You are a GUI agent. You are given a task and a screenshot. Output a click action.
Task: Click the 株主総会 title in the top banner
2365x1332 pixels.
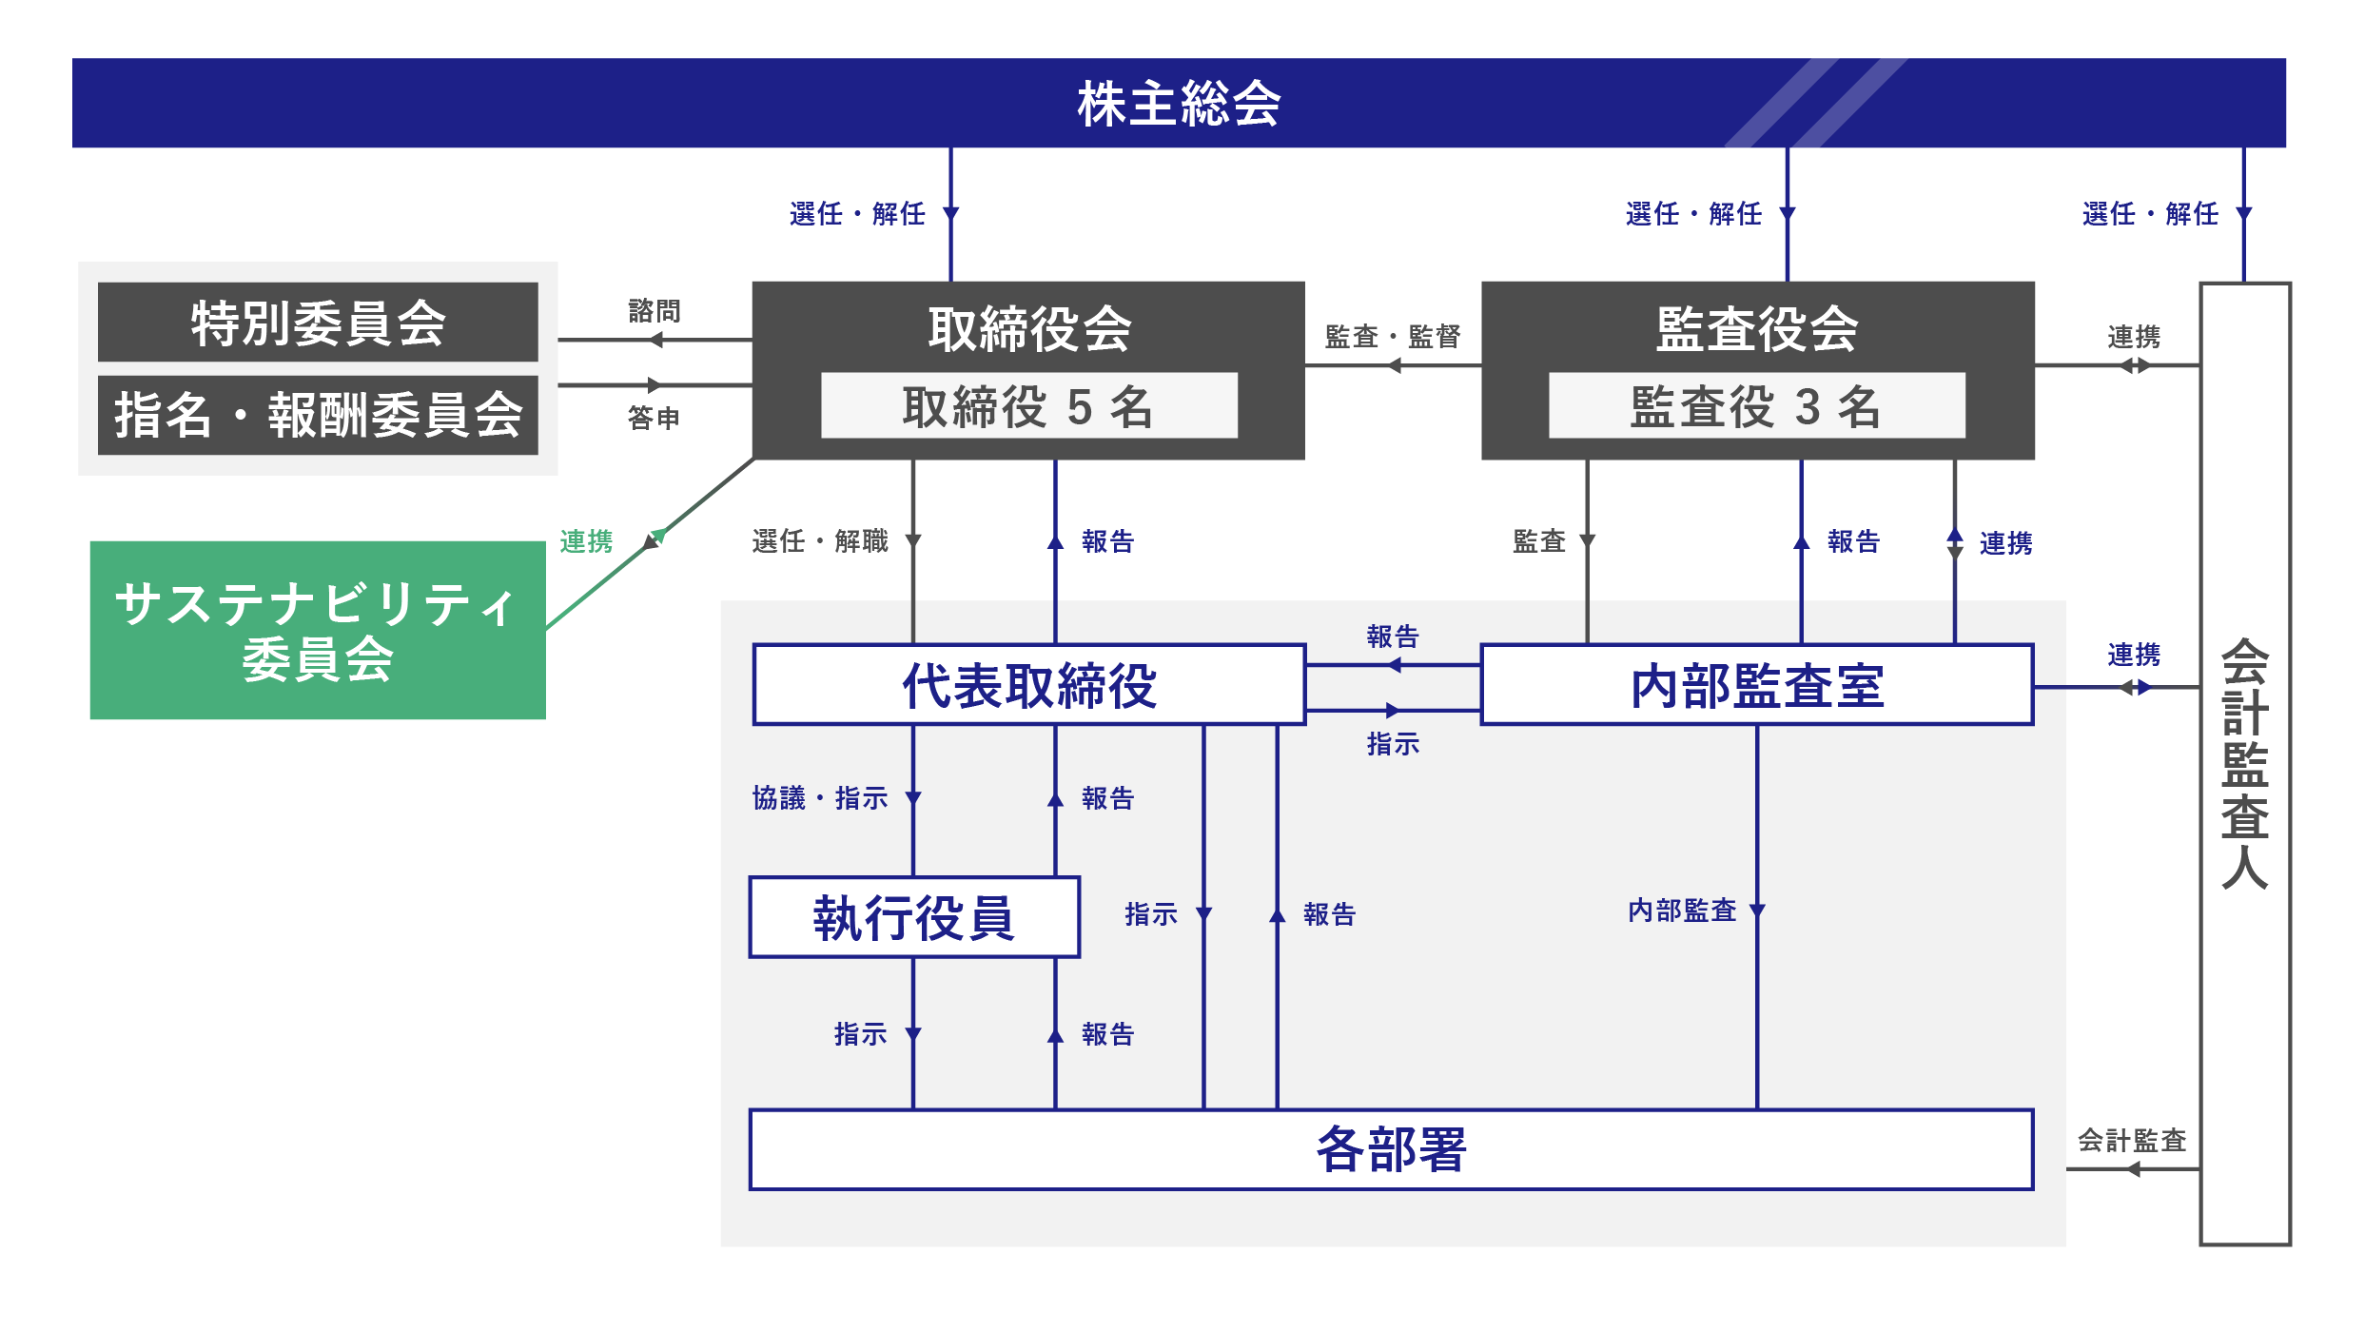[1179, 104]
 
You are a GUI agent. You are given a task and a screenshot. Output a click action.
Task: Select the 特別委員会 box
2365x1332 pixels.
[318, 323]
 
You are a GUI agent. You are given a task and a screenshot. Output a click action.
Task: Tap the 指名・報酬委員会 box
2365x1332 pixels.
[318, 415]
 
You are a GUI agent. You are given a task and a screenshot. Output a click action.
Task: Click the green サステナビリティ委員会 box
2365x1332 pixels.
[318, 630]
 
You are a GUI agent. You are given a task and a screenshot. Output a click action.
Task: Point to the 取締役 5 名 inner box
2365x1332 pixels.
[1028, 406]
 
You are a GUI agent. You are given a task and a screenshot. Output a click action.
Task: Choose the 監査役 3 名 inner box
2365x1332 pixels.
[1756, 406]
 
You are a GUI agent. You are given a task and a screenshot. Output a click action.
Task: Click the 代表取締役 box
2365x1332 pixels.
[1028, 685]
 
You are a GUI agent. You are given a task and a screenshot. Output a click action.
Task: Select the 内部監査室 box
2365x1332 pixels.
[1756, 685]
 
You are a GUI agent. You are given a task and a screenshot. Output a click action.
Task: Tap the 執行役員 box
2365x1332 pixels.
[914, 917]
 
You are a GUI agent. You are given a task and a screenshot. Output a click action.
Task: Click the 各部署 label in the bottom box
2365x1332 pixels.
[1391, 1149]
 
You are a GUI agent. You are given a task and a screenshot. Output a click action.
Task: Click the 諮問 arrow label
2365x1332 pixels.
[655, 311]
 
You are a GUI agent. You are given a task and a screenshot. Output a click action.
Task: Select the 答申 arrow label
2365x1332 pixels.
[655, 418]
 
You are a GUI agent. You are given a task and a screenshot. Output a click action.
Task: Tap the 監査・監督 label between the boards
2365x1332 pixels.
[1393, 337]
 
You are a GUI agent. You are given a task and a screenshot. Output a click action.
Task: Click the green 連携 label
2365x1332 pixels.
[586, 541]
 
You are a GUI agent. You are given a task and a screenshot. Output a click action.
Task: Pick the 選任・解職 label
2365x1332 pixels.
[820, 541]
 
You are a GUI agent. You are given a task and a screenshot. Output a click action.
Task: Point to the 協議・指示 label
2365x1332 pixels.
[820, 797]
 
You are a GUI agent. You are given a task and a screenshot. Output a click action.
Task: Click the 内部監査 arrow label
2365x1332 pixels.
[1682, 911]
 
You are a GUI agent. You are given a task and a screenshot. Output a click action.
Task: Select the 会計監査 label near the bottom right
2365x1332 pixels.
[2132, 1140]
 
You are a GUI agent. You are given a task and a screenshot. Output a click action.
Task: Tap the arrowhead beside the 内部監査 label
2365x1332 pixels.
[1757, 911]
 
